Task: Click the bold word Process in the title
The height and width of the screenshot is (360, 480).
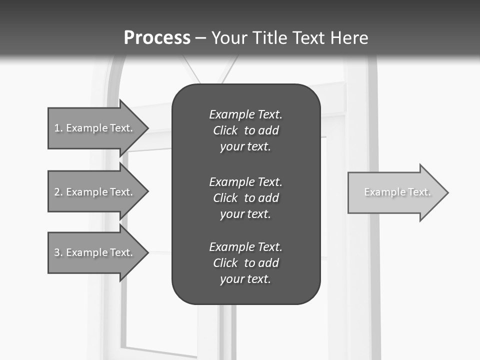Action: [157, 38]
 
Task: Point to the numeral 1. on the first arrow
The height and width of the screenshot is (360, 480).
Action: [58, 128]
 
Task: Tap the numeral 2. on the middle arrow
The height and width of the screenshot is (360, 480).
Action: [58, 192]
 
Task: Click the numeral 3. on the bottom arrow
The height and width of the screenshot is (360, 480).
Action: [58, 252]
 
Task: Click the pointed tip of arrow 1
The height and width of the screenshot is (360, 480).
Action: [147, 128]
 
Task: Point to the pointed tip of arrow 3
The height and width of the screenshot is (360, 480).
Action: [147, 252]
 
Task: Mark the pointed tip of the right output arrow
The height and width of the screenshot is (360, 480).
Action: [447, 192]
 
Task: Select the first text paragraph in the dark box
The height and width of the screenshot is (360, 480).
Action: [245, 130]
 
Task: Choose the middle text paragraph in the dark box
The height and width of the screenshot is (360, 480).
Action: [245, 197]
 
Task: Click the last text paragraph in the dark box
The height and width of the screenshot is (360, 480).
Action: [245, 263]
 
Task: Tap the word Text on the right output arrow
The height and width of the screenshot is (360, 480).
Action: [419, 192]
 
